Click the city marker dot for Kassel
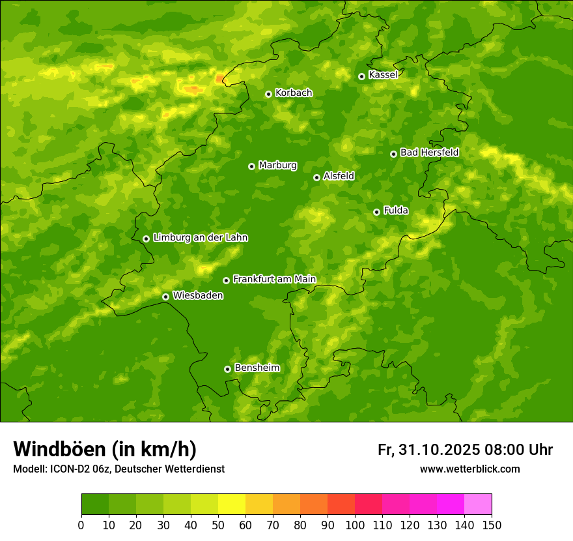361,76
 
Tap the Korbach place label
294,93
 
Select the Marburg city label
277,166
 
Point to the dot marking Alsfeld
316,177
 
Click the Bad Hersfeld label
429,153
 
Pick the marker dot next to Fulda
376,212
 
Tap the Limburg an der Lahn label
200,238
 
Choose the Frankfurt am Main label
274,279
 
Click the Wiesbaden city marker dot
165,297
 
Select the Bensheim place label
257,368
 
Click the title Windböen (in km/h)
105,449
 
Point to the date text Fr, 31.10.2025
428,450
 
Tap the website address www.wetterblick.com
470,469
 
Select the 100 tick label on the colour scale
355,525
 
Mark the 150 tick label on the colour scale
492,525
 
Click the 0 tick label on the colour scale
81,525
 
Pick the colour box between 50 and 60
232,504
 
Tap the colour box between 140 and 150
478,504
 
